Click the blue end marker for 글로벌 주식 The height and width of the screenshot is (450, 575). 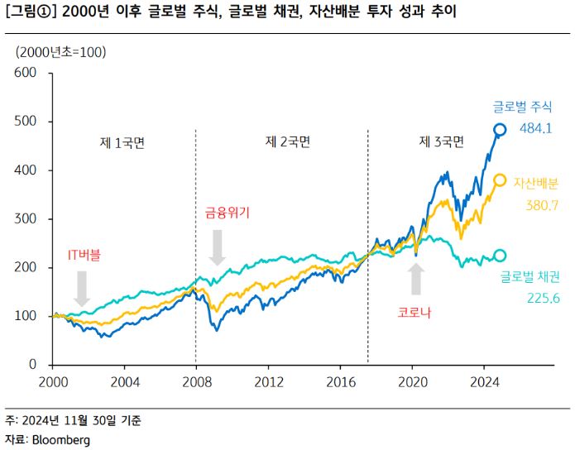[500, 129]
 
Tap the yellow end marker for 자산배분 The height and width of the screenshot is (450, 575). [500, 180]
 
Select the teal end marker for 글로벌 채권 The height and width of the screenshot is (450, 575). [500, 256]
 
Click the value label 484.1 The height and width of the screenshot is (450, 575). [536, 128]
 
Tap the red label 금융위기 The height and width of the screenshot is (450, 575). [227, 212]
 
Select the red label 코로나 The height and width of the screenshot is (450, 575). [414, 313]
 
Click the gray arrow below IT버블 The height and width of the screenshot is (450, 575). [81, 288]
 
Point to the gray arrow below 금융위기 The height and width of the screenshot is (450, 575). [217, 247]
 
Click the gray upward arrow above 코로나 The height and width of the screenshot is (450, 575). [416, 279]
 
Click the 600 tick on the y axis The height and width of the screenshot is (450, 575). [26, 73]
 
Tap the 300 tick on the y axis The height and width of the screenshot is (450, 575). [26, 219]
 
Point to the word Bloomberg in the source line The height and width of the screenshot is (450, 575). [60, 440]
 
